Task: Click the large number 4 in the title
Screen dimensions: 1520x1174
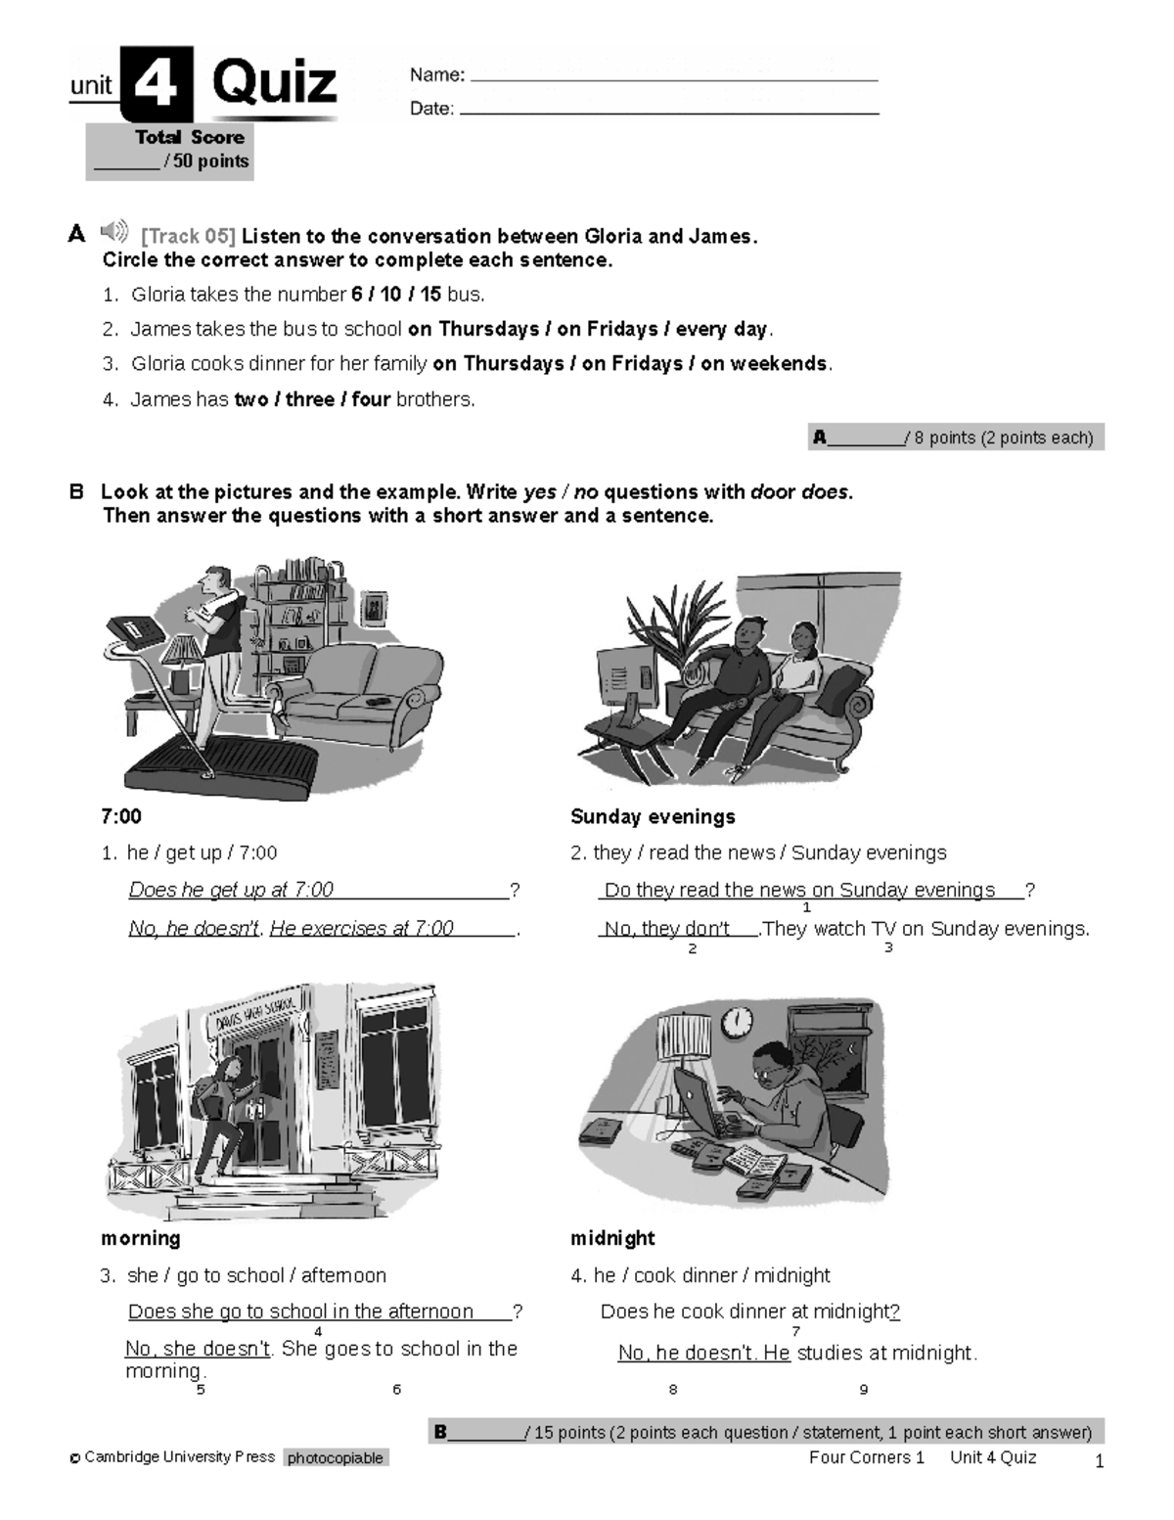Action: click(156, 84)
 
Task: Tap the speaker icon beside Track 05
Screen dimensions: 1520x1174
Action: click(114, 232)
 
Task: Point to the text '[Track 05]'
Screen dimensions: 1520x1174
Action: click(188, 236)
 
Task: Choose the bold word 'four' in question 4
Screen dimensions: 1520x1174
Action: click(371, 399)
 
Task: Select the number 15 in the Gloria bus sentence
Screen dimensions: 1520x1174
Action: click(430, 295)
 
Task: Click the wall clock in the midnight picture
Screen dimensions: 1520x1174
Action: click(738, 1022)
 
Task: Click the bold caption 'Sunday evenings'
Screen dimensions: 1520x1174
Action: click(653, 816)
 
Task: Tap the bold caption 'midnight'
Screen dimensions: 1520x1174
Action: click(612, 1238)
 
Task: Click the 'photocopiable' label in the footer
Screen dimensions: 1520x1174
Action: click(336, 1458)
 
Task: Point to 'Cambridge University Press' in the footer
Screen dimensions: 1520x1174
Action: click(179, 1457)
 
